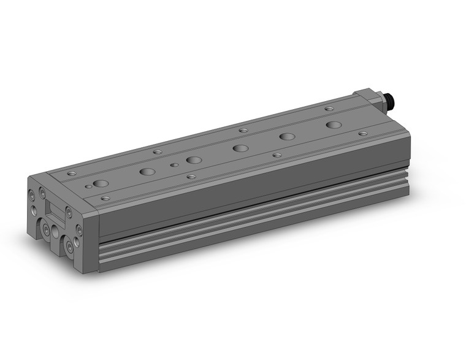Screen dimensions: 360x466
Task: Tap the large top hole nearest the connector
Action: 334,124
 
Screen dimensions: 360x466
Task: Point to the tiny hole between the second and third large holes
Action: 174,164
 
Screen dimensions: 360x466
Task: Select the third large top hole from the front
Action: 194,160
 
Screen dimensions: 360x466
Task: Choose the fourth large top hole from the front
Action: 240,148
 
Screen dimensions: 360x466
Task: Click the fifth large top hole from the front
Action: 286,136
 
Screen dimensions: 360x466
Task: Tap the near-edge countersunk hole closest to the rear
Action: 363,133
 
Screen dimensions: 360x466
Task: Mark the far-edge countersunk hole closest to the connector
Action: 329,109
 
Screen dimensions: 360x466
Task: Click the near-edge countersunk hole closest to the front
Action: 105,198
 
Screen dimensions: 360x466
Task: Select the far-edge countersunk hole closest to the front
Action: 72,174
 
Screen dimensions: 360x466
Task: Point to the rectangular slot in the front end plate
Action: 55,212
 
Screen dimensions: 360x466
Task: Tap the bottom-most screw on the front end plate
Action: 72,248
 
